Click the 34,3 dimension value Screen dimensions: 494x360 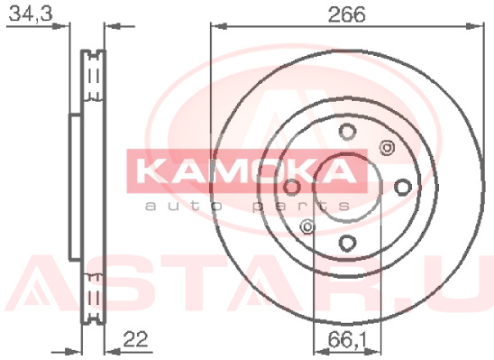pos(31,14)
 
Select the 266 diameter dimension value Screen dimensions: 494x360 pos(346,14)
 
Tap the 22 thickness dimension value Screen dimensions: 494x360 pos(135,339)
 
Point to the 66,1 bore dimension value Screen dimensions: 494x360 pos(346,340)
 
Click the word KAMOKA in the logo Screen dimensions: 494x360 pos(247,171)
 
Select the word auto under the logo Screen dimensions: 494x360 pos(184,206)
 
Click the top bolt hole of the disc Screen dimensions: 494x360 pos(347,131)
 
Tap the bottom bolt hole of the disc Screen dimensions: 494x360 pos(347,243)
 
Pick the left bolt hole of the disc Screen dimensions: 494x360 pos(292,188)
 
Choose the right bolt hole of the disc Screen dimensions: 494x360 pos(403,188)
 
